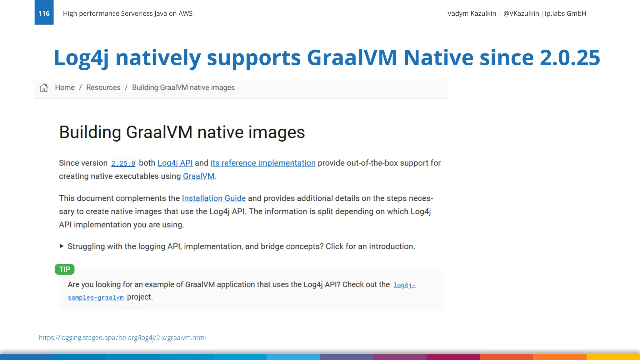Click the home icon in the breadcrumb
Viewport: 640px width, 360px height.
point(44,88)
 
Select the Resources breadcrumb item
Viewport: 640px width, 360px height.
point(103,87)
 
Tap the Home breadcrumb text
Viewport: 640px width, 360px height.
point(65,87)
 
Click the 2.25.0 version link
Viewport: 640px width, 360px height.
point(123,163)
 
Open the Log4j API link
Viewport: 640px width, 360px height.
point(175,163)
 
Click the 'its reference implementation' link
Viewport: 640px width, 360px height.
point(263,163)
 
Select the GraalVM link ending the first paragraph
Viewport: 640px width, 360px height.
point(199,176)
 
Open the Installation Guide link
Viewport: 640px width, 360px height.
point(214,198)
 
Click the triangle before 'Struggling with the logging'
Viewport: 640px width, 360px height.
point(62,246)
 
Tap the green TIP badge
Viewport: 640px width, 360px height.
point(65,269)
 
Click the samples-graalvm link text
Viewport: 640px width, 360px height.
point(96,297)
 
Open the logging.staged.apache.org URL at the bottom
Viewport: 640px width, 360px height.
point(122,337)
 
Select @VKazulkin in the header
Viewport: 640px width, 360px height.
point(521,13)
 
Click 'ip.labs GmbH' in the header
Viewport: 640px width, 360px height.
point(565,13)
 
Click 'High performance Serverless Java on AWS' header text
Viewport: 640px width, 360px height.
point(127,13)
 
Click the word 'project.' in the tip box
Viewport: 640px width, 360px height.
point(140,297)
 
